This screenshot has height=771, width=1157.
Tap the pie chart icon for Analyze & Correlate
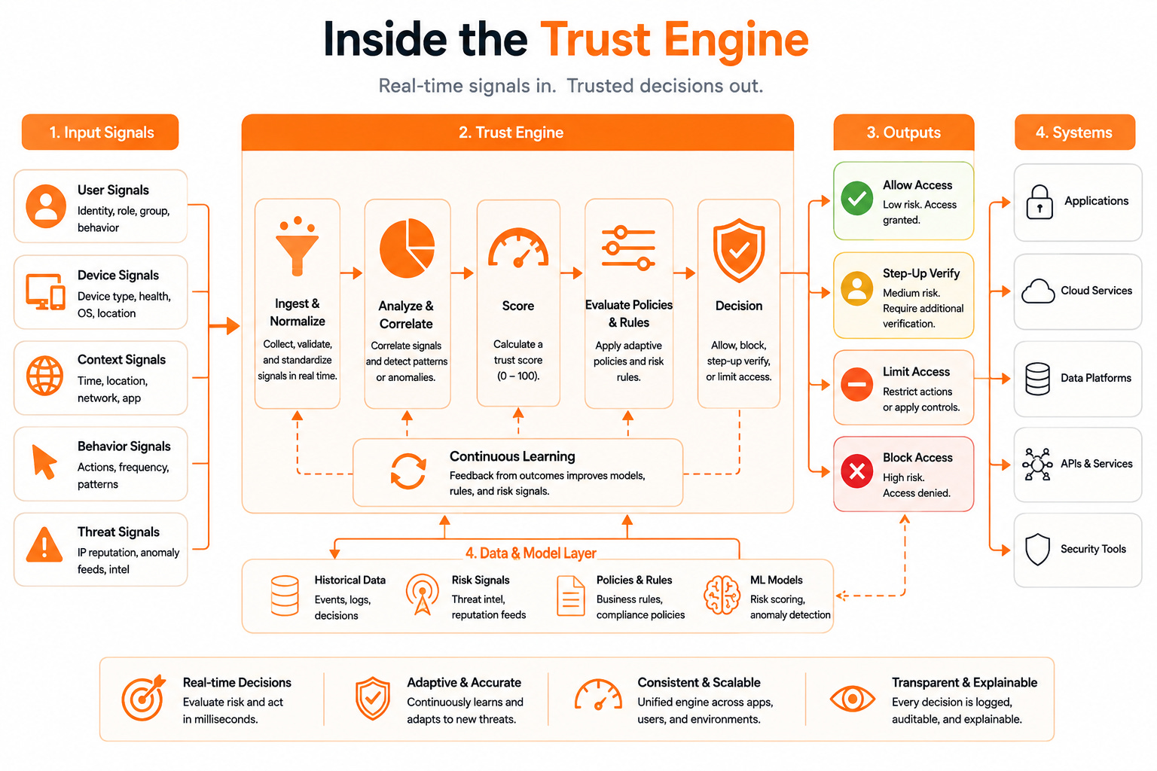coord(407,248)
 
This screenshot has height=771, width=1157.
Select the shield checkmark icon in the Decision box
coord(739,250)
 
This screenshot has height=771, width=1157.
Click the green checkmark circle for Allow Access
coord(856,198)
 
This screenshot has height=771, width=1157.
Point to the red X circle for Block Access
coord(856,471)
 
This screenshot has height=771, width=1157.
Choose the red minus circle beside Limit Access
coord(856,384)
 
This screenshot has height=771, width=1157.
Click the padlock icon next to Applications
coord(1039,202)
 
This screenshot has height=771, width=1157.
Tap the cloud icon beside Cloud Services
coord(1038,291)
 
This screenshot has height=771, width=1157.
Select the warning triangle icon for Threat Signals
coord(44,544)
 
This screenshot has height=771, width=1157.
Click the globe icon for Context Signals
coord(44,376)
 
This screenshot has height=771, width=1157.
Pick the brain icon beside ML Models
coord(722,596)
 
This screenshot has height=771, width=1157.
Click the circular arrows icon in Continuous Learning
coord(408,471)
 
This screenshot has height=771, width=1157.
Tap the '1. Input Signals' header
coord(100,133)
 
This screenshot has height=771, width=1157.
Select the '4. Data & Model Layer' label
coord(531,553)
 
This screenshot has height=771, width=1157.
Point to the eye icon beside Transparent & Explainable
coord(852,699)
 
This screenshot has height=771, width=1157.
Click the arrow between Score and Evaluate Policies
coord(572,273)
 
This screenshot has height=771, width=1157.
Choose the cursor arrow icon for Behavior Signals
coord(44,462)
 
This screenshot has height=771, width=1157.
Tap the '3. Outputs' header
coord(904,133)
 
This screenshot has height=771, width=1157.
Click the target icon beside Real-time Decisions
coord(143,698)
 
